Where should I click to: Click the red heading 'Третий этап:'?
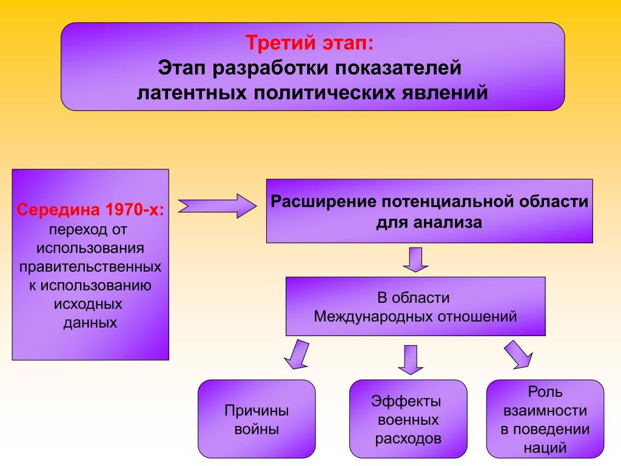(x=310, y=43)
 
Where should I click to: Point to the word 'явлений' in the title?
(x=445, y=92)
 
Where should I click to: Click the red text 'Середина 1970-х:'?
(x=90, y=209)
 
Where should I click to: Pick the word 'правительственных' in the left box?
(x=90, y=267)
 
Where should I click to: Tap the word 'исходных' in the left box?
(x=88, y=305)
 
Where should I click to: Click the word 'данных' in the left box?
(x=90, y=323)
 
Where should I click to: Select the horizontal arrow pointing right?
(x=218, y=206)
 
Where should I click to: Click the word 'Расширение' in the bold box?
(x=324, y=201)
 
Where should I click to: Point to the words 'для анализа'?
(x=429, y=223)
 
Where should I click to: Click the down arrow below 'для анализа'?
(x=415, y=260)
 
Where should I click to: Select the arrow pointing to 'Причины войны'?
(x=297, y=354)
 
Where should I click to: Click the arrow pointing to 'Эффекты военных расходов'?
(x=411, y=360)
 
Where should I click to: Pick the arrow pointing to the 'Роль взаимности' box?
(x=519, y=354)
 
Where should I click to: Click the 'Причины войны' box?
(x=257, y=419)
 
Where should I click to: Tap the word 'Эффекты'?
(x=406, y=402)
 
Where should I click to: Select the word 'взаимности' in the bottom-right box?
(x=545, y=411)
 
